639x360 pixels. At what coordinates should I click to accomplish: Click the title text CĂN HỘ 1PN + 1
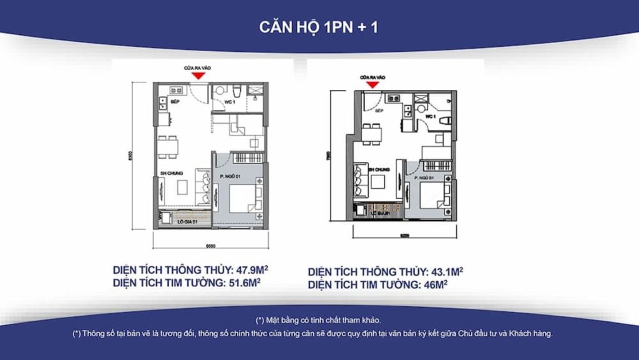click(319, 27)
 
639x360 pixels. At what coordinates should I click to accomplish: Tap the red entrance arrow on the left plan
click(198, 75)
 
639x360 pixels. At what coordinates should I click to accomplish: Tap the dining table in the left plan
click(168, 146)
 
